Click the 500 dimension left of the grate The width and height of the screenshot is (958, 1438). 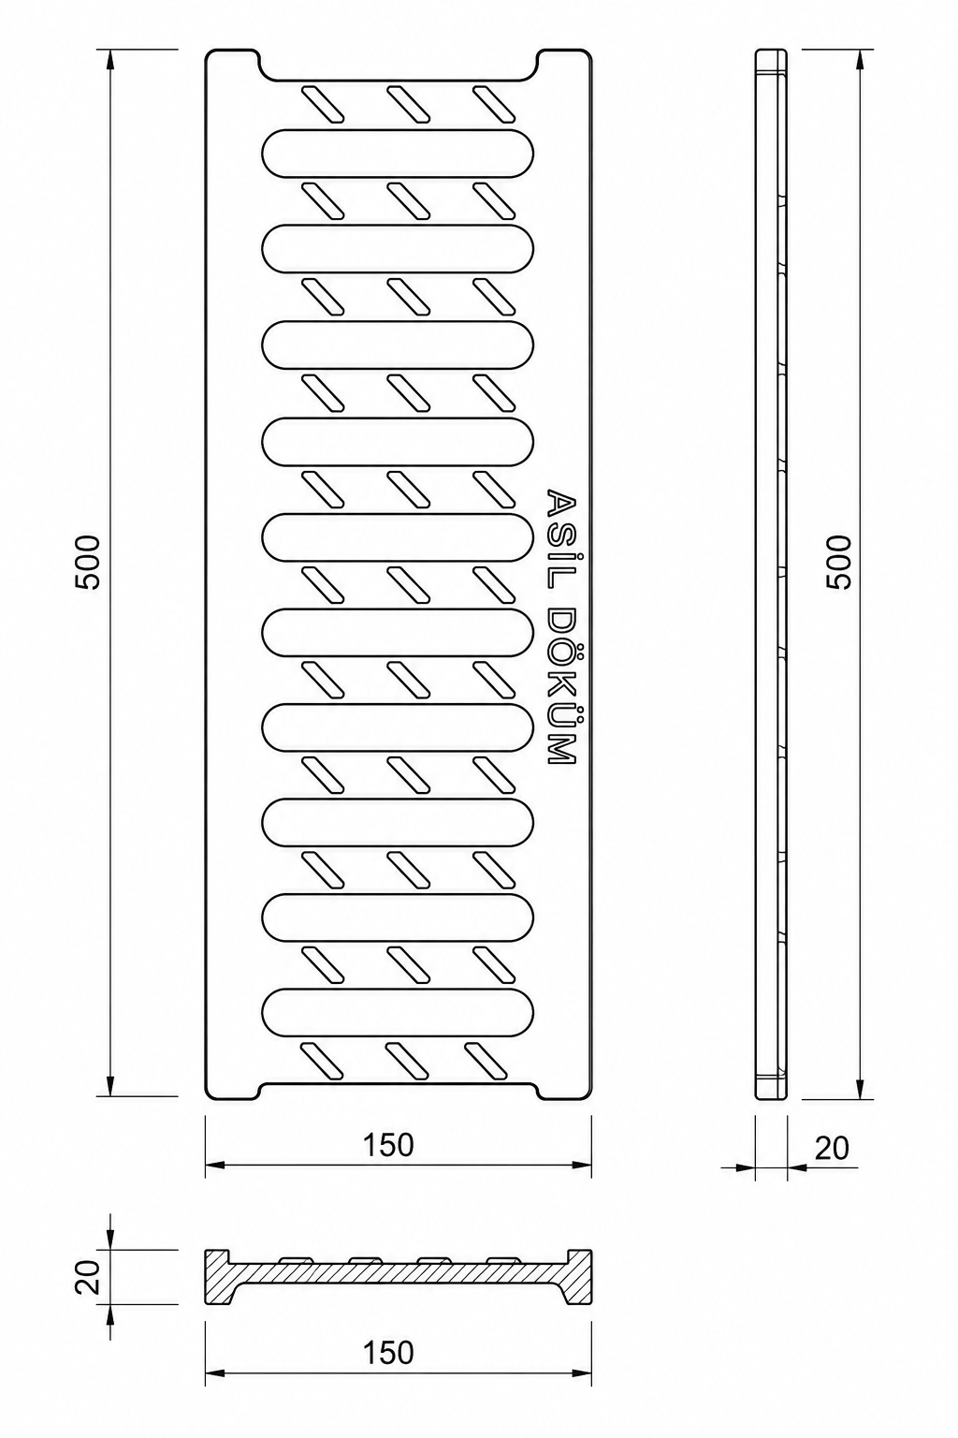click(x=88, y=562)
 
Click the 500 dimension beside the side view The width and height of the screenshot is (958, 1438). click(x=837, y=562)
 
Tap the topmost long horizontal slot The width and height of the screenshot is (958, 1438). click(x=398, y=154)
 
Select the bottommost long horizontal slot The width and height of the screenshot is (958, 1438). click(x=398, y=1012)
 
